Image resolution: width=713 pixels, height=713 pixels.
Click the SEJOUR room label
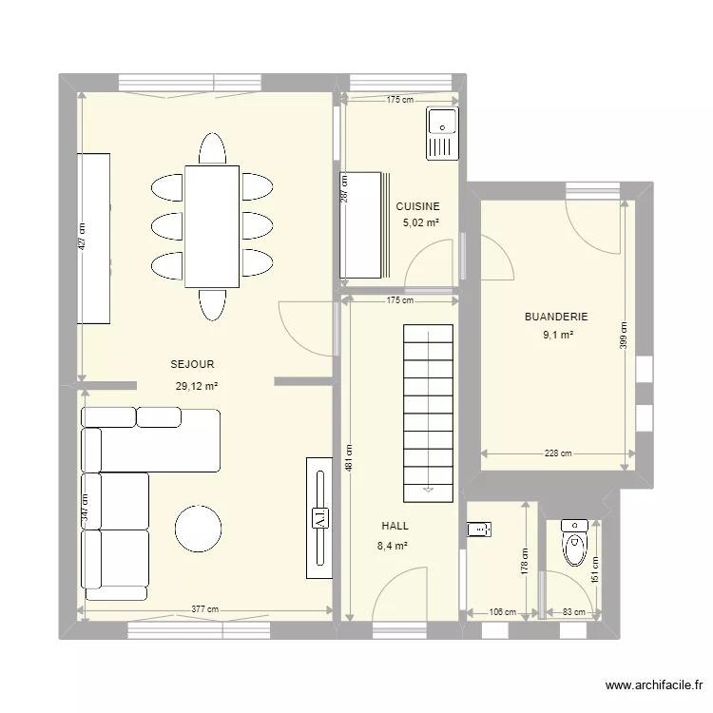point(192,364)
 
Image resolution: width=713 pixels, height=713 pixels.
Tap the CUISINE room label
point(417,206)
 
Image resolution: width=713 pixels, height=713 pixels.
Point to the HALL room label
point(395,525)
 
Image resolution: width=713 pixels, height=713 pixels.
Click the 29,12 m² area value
point(197,386)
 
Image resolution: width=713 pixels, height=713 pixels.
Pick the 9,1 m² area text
point(557,335)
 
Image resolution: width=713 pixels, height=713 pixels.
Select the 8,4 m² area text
point(394,546)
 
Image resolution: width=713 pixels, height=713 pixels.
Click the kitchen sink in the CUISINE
point(442,132)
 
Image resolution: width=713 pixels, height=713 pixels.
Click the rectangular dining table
point(212,225)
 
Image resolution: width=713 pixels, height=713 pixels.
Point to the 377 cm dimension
point(204,610)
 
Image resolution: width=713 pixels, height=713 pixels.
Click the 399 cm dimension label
point(625,335)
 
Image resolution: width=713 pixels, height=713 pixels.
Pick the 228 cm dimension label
point(558,453)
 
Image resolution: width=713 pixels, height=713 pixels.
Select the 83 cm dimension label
point(571,613)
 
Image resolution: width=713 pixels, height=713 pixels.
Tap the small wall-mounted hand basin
point(478,529)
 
